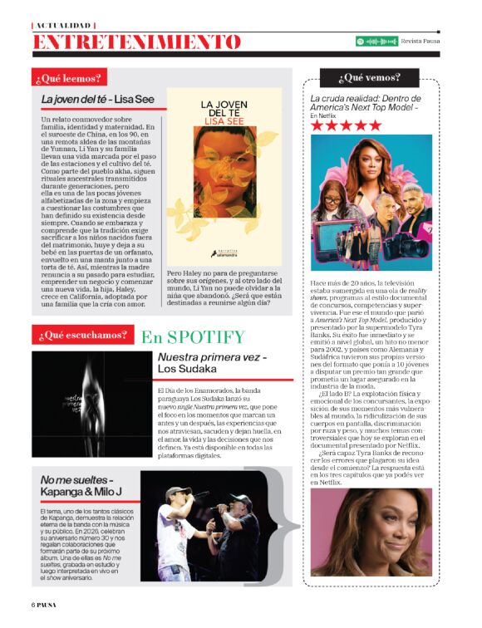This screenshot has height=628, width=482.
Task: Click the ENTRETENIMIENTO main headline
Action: pos(137,42)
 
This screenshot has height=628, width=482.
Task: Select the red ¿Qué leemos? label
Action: pos(68,79)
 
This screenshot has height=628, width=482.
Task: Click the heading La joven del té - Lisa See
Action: pos(99,100)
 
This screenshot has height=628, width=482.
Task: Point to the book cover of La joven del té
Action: pos(223,178)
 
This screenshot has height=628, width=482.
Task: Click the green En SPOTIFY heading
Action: pos(193,337)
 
